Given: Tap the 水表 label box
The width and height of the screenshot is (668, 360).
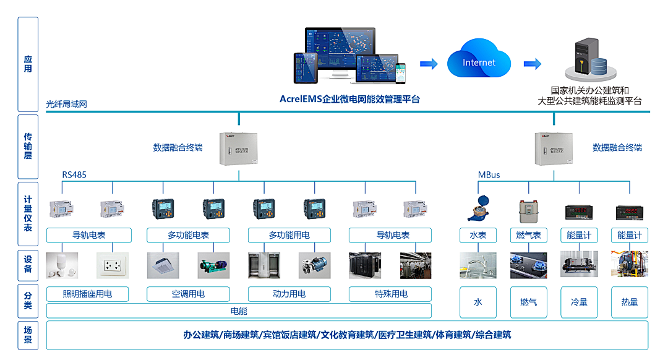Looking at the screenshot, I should [x=478, y=235].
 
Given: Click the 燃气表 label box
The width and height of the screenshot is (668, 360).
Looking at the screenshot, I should [x=528, y=235].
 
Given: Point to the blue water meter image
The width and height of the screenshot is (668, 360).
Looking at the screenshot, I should [x=478, y=208].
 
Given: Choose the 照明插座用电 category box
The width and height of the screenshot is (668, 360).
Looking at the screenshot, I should [x=88, y=294].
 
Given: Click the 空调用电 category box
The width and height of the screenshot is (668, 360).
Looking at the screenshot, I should [x=188, y=294].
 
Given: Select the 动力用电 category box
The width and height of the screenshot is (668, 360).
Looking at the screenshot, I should [x=289, y=294].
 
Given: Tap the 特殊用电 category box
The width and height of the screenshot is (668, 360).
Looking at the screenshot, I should [x=390, y=294].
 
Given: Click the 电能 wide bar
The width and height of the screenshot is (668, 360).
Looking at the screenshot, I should [x=239, y=311].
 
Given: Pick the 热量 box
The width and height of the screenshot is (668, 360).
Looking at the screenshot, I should [x=629, y=302].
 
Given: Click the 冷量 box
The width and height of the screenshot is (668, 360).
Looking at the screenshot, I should [x=579, y=302].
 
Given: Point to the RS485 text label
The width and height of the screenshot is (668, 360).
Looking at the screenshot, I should [x=74, y=175].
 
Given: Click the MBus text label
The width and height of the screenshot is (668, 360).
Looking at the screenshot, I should [x=489, y=175].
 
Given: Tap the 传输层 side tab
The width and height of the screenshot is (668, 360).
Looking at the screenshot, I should [x=28, y=146].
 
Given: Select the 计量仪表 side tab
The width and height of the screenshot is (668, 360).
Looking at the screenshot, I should [x=28, y=214].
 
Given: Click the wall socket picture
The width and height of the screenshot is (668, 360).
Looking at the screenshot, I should [x=113, y=265].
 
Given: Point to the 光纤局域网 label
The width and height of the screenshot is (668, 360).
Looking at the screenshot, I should [x=66, y=104].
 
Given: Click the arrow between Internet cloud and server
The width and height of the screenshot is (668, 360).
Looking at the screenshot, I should [x=532, y=64].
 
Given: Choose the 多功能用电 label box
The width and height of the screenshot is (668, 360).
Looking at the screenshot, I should [x=289, y=235].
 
